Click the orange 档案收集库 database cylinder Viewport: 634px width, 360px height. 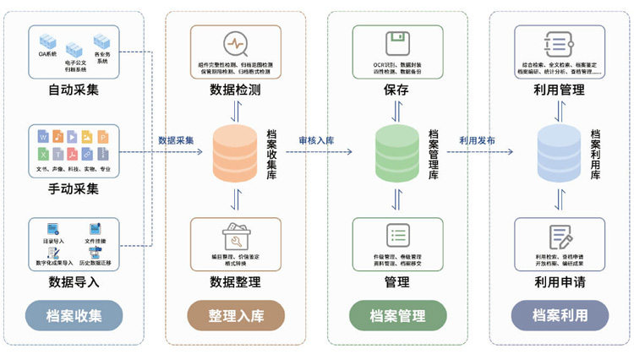(x=235, y=153)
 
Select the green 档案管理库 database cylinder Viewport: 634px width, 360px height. (x=396, y=153)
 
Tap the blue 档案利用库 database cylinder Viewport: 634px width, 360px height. (x=559, y=153)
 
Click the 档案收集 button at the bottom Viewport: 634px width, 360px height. (x=74, y=316)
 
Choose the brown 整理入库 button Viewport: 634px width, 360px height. (x=236, y=316)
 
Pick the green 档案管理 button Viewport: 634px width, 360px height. (x=397, y=316)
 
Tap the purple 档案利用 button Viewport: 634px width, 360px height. (x=560, y=316)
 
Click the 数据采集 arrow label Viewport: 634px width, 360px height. (x=176, y=140)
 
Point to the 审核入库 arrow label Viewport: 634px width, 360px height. (x=315, y=140)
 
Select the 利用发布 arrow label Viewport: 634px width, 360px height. (x=477, y=140)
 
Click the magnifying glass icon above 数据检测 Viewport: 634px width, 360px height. (x=235, y=44)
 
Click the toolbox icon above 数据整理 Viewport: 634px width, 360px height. (x=235, y=236)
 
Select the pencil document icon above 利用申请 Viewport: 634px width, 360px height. (x=560, y=237)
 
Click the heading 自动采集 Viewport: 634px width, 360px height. (x=74, y=89)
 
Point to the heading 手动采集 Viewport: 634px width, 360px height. (x=74, y=189)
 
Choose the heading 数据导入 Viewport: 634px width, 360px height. (x=74, y=281)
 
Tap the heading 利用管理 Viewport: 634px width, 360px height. (x=560, y=90)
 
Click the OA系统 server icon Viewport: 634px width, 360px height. (x=47, y=41)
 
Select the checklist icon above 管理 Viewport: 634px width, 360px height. (x=397, y=236)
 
